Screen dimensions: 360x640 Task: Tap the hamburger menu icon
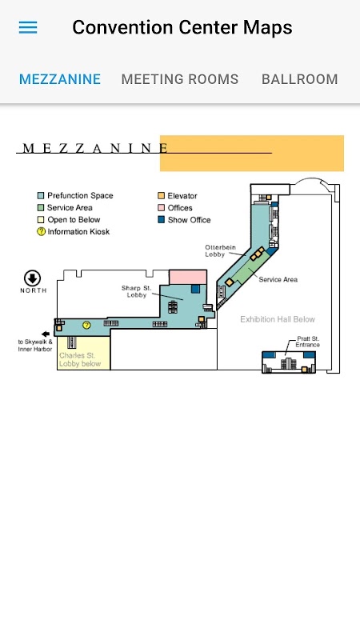pyautogui.click(x=28, y=27)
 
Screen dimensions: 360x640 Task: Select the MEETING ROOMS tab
pyautogui.click(x=179, y=79)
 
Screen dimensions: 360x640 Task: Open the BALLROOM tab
pyautogui.click(x=299, y=79)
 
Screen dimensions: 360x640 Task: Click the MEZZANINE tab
pyautogui.click(x=60, y=79)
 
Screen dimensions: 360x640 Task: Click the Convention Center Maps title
pyautogui.click(x=182, y=27)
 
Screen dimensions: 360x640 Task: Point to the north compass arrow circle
pyautogui.click(x=32, y=278)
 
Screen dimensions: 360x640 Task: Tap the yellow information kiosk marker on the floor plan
pyautogui.click(x=86, y=326)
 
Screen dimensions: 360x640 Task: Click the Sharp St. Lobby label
pyautogui.click(x=136, y=291)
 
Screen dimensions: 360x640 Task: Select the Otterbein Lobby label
pyautogui.click(x=220, y=250)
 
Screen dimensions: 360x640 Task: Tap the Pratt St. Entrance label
pyautogui.click(x=308, y=342)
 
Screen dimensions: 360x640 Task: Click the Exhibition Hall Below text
pyautogui.click(x=278, y=319)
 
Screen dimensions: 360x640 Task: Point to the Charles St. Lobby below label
pyautogui.click(x=80, y=359)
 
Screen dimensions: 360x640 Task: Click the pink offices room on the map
pyautogui.click(x=188, y=277)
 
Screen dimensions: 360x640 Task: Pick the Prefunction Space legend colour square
pyautogui.click(x=41, y=195)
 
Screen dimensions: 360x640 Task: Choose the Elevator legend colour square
pyautogui.click(x=162, y=195)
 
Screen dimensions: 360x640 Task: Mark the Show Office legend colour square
pyautogui.click(x=162, y=219)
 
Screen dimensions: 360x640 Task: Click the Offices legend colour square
pyautogui.click(x=162, y=208)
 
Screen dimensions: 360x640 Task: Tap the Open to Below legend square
pyautogui.click(x=41, y=219)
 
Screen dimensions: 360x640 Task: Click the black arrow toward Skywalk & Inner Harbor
pyautogui.click(x=46, y=334)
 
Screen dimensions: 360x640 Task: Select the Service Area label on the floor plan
pyautogui.click(x=278, y=279)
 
